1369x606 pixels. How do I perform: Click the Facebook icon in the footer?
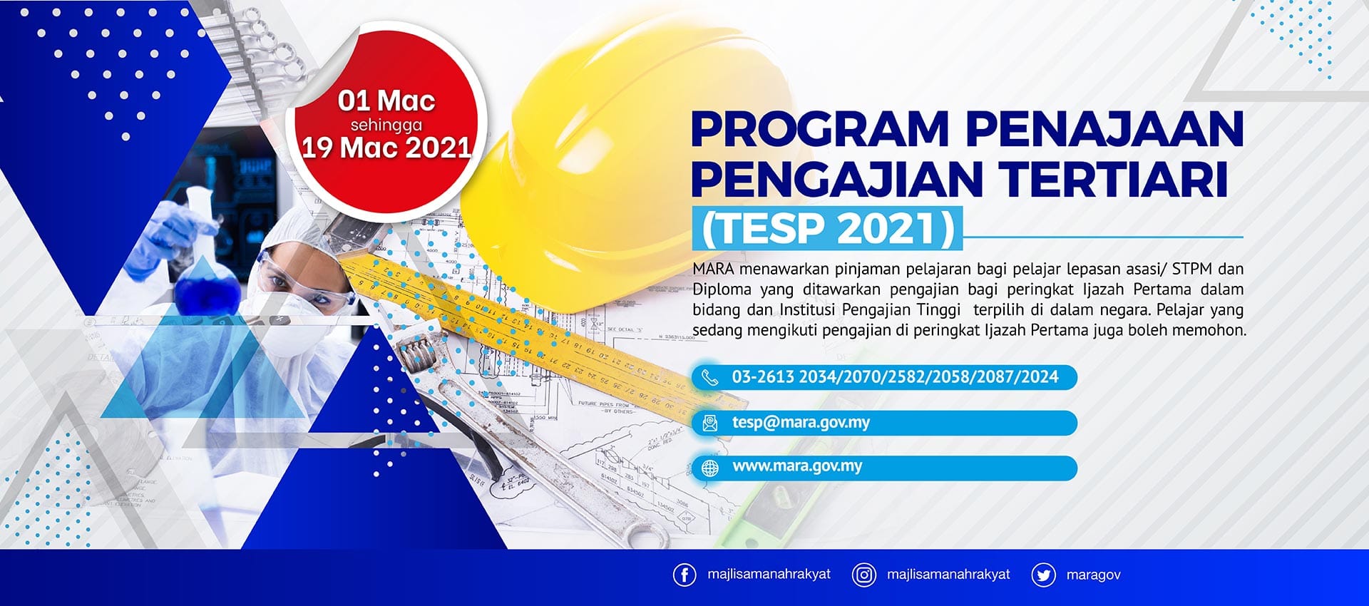684,575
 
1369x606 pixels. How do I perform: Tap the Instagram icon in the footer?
863,575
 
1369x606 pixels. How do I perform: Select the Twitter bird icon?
1043,575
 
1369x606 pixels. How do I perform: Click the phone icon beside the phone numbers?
709,377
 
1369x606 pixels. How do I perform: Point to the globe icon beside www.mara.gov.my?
710,468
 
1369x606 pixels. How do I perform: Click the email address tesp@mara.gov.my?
801,422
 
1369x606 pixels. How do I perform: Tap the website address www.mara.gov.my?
797,466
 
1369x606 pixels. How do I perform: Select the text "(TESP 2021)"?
828,229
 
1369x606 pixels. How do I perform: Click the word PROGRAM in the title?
820,129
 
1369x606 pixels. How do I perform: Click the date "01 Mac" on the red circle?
386,101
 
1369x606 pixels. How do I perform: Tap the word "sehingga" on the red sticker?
386,125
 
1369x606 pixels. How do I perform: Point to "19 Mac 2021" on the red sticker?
386,148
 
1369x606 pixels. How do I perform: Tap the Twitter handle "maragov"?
1093,575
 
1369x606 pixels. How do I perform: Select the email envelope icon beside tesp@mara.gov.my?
710,423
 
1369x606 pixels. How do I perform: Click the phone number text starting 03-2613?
895,377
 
